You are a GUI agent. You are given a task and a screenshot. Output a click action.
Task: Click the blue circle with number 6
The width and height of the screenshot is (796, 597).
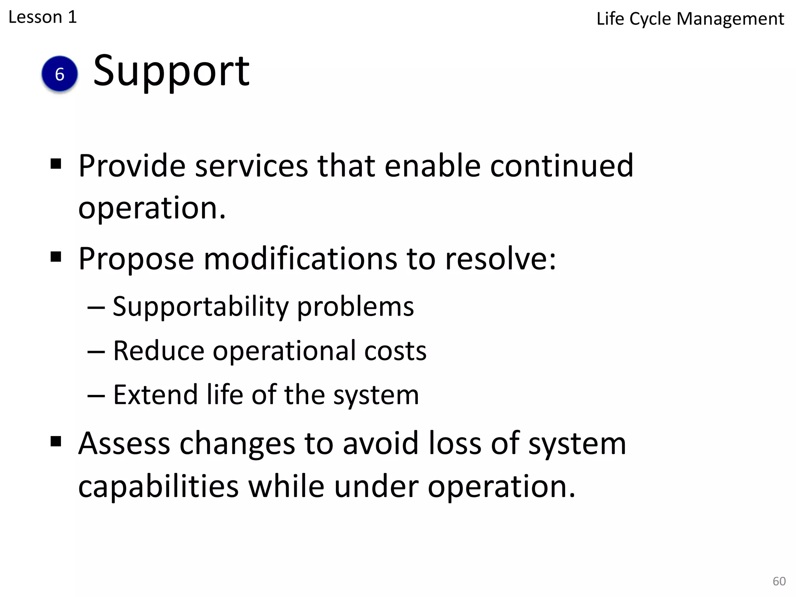coord(59,74)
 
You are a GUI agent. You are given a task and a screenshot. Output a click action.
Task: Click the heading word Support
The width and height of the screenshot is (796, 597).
coord(171,71)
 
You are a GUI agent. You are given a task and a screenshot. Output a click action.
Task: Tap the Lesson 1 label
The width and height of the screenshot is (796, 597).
coord(43,17)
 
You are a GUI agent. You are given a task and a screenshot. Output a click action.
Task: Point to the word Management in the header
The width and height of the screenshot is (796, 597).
coord(730,19)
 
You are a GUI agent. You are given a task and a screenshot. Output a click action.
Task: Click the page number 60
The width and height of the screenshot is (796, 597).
coord(779,581)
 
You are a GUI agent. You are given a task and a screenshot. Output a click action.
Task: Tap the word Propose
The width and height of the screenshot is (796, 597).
coord(136,259)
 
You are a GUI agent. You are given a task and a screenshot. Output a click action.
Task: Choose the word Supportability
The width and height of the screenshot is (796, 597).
coord(201,307)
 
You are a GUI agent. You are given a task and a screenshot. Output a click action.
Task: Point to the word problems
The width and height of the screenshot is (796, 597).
coord(356,307)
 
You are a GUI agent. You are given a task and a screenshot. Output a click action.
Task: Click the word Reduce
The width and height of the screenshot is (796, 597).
coord(159,351)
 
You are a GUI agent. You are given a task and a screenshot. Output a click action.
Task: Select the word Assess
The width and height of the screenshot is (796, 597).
coord(124,443)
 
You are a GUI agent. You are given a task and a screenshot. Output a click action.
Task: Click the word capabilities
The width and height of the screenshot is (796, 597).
coord(158,487)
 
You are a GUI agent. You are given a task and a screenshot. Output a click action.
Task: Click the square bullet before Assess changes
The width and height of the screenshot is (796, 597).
coord(56,441)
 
